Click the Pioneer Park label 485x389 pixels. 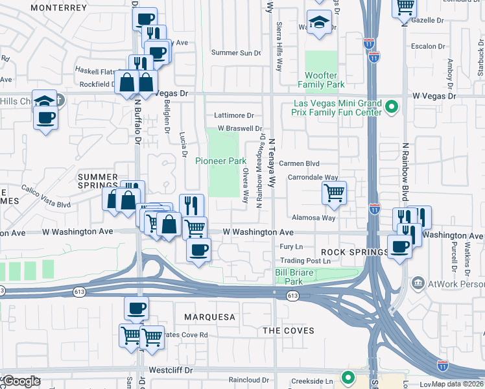221,161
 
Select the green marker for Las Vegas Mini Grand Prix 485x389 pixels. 391,106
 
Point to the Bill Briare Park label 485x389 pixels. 289,277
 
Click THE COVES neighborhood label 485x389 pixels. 289,331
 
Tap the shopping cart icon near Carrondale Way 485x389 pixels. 334,193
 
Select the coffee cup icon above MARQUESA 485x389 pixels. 136,309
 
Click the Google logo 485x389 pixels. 21,381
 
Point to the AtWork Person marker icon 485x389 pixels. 418,283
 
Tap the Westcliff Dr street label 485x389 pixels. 172,370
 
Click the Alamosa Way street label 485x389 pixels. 313,218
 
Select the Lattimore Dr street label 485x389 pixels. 220,115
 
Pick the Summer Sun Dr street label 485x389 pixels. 236,53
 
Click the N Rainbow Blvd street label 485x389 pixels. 404,171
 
